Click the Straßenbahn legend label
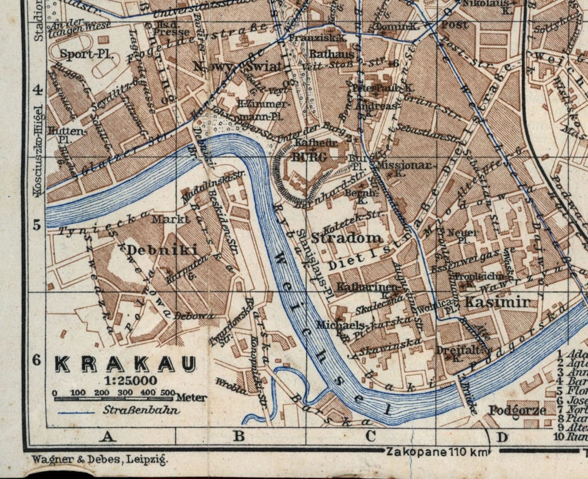coord(141,411)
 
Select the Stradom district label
coord(347,238)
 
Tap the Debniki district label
coord(162,251)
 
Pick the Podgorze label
coord(517,411)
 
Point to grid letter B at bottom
coord(239,437)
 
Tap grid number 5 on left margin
coord(36,225)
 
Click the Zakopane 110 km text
coord(436,452)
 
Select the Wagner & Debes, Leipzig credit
coord(99,459)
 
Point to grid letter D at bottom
coord(501,438)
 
